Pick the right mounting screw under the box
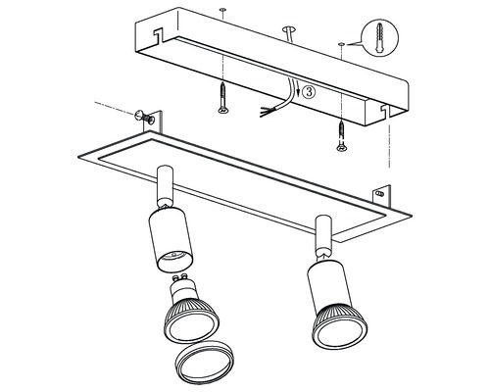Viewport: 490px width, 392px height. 342,135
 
